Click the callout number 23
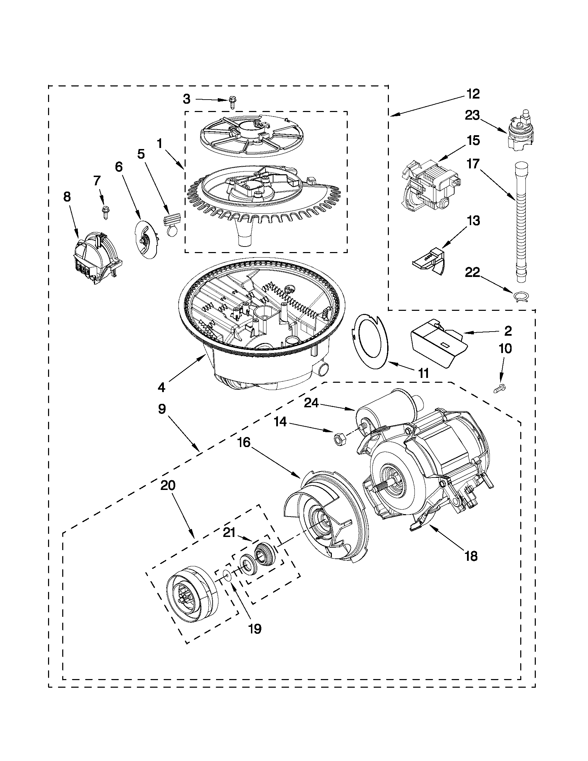(x=473, y=115)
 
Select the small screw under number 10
(x=501, y=388)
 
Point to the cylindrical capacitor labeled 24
(x=388, y=407)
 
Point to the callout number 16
(x=244, y=443)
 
